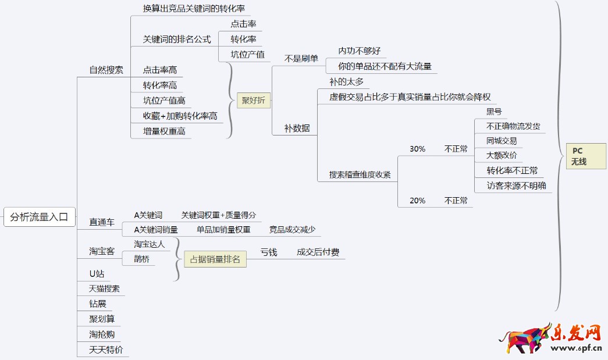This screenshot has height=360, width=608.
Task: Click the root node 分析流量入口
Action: click(39, 218)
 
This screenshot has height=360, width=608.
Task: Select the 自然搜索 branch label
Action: click(106, 70)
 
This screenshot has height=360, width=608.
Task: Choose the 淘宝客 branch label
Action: click(102, 251)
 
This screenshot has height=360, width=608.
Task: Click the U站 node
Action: click(97, 273)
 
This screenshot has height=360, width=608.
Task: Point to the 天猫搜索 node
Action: click(104, 288)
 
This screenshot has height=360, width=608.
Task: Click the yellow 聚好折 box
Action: click(253, 101)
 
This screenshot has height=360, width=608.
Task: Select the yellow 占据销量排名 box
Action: click(215, 259)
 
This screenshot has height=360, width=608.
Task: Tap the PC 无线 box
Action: click(579, 156)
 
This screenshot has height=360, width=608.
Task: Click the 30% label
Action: click(417, 149)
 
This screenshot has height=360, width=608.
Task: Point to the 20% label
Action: click(417, 201)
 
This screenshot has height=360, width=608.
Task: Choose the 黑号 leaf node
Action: click(494, 112)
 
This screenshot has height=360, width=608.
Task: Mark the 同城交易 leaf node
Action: click(502, 141)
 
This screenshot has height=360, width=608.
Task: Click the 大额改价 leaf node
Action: click(502, 155)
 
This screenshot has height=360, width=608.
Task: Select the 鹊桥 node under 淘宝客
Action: click(141, 259)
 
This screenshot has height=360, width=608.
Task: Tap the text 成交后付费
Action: click(318, 252)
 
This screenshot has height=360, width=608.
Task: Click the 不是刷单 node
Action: click(301, 58)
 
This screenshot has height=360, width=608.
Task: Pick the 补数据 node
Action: click(297, 128)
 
